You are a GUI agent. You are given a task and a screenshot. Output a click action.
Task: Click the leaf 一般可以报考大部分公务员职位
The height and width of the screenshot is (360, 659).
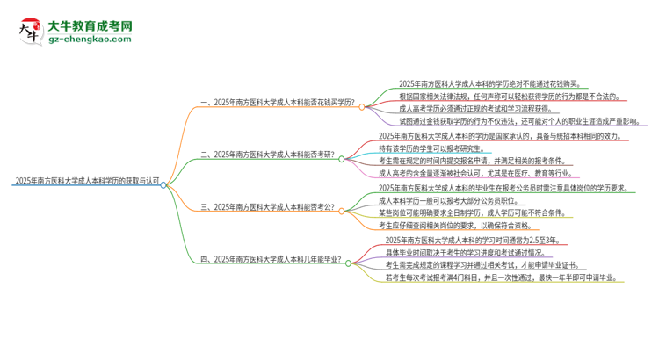452,201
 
